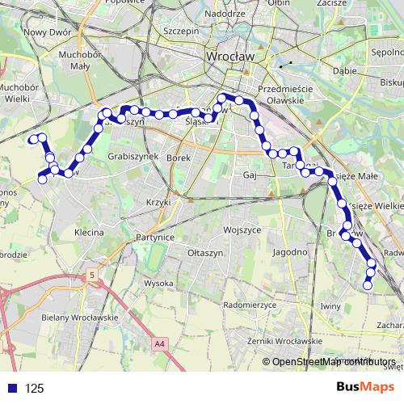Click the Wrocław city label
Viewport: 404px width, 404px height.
click(230, 57)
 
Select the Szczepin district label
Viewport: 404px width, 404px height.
click(181, 31)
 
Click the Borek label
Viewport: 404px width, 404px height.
click(178, 158)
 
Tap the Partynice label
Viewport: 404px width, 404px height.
click(157, 238)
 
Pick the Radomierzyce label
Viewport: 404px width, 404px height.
click(250, 306)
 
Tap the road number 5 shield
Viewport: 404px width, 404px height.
click(93, 276)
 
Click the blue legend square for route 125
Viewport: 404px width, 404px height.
click(13, 388)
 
